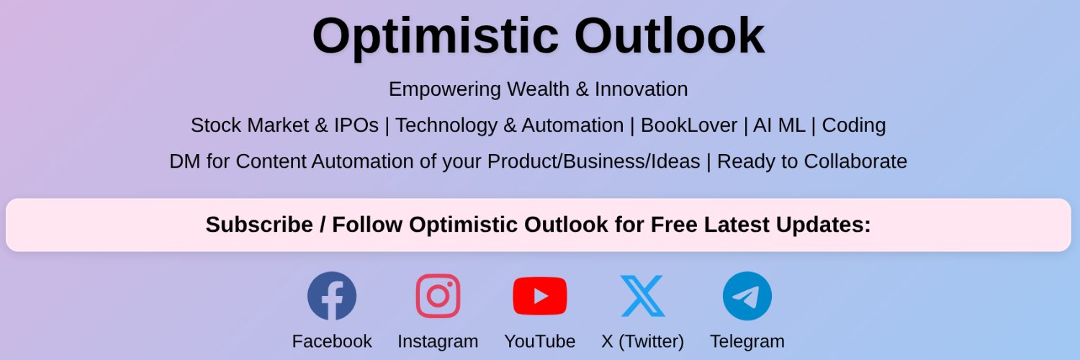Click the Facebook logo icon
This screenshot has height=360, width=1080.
331,296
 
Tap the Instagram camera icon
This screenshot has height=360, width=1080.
438,296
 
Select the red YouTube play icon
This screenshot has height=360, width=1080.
539,296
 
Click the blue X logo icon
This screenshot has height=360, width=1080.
642,296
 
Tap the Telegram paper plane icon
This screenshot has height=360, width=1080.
747,296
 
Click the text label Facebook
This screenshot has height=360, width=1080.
331,341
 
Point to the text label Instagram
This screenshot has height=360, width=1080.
438,341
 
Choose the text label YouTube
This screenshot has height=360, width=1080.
539,341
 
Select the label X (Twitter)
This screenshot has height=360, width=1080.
642,341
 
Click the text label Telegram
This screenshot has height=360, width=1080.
747,341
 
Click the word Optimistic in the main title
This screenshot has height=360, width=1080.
435,36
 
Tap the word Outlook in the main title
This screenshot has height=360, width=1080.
669,36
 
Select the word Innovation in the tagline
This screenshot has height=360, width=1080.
641,89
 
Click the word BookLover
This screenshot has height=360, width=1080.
688,125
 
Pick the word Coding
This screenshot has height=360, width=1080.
853,125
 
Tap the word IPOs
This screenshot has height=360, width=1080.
356,125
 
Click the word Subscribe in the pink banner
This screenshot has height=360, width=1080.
258,225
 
